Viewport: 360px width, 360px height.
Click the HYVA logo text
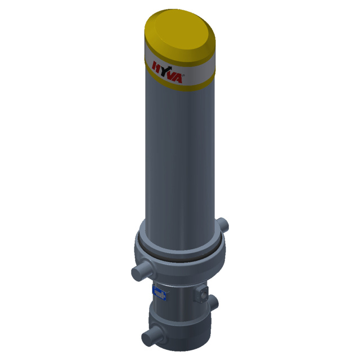click(167, 72)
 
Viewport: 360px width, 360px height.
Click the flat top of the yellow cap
click(182, 29)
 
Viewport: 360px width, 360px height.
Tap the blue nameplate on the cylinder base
click(159, 293)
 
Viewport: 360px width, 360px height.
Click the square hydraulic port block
click(201, 294)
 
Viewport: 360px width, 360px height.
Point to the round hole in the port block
click(203, 294)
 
